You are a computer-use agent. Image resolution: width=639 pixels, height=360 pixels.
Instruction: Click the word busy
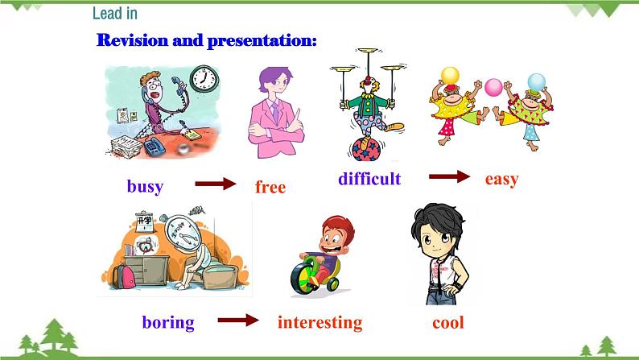tap(145, 187)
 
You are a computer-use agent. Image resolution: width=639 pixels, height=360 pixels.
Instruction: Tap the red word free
tap(270, 187)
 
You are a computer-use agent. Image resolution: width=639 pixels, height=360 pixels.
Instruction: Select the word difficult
tap(369, 179)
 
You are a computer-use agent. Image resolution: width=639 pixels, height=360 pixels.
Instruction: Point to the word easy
tap(501, 179)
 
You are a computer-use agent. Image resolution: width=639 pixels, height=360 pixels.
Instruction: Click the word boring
tap(168, 322)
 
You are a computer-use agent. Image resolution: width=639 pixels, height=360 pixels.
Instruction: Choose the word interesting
tap(319, 322)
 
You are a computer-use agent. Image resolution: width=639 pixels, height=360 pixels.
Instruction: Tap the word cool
tap(448, 322)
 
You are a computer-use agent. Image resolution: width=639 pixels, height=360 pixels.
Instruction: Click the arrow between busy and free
tap(216, 184)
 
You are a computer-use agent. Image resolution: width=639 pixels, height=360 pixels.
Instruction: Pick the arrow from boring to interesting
tap(238, 321)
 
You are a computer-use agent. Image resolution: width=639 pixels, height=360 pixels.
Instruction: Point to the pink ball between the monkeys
tap(493, 86)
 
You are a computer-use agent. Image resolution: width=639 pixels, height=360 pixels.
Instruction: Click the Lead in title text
tap(114, 13)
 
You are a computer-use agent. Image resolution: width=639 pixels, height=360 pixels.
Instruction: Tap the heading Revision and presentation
tap(206, 40)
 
